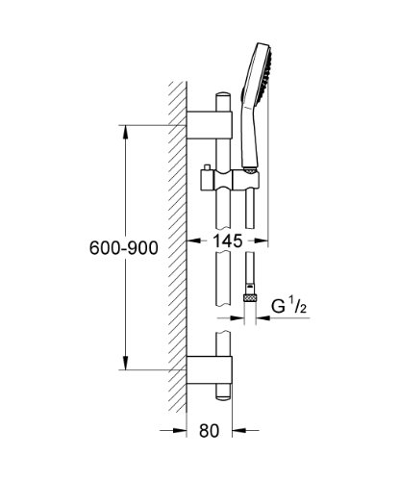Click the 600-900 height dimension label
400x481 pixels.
124,247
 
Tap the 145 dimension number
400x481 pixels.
228,240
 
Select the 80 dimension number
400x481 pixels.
209,430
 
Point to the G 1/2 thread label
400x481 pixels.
289,306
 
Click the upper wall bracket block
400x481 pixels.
209,125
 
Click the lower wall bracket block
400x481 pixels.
209,370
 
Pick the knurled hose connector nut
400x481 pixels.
250,298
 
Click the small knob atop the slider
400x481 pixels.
207,167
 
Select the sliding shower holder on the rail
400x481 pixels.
230,182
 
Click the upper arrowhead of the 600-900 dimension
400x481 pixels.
126,132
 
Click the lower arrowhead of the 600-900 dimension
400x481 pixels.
126,363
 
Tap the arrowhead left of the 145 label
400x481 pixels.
193,240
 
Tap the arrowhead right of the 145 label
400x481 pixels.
261,240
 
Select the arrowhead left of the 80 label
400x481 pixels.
180,430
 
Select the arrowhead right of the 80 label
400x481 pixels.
239,430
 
